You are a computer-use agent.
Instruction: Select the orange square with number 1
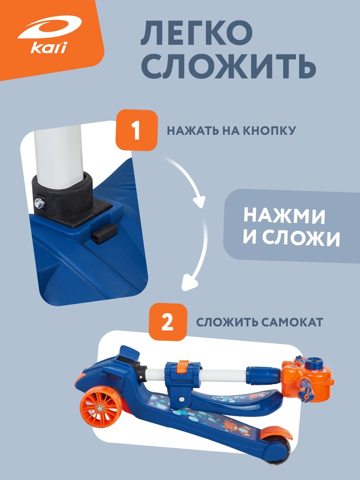pos(136,131)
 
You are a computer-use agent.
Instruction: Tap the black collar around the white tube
pos(65,196)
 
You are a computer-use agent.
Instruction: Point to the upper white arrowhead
pos(199,202)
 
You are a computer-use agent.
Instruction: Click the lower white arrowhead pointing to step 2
pos(188,285)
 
